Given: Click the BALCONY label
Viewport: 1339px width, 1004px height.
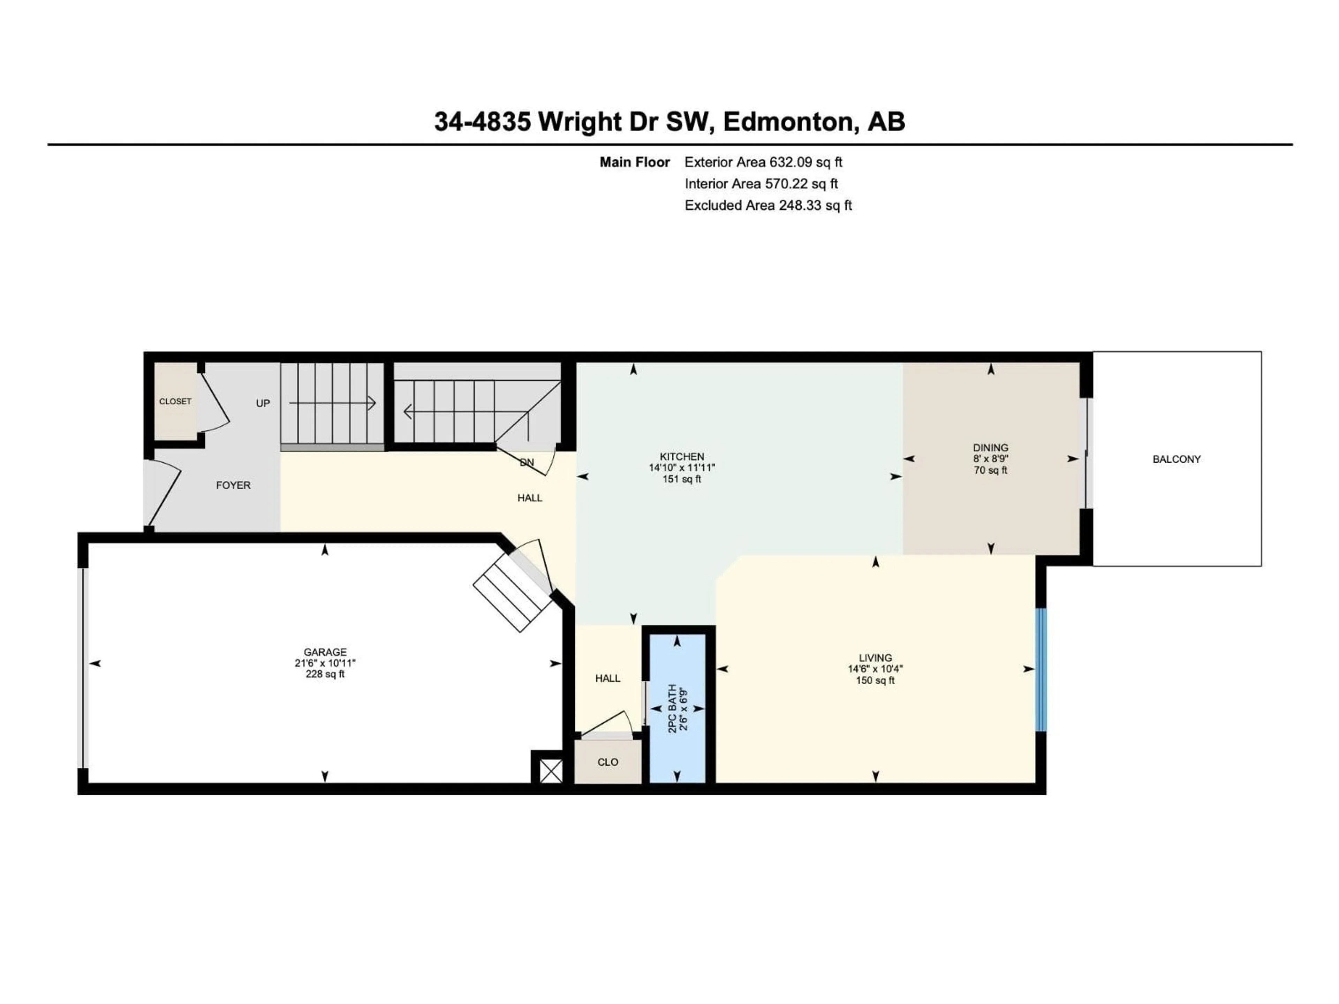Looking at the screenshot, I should (1176, 459).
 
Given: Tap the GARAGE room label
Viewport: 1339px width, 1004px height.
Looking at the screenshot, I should (325, 652).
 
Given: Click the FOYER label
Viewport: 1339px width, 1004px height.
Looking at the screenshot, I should (233, 485).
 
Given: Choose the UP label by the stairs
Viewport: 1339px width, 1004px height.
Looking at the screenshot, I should (263, 403).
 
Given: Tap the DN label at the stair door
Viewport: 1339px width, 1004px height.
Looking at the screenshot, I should (527, 462).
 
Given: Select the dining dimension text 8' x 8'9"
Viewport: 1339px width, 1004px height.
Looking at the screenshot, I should (990, 459).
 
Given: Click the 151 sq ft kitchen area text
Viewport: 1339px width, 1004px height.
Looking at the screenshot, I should (682, 479).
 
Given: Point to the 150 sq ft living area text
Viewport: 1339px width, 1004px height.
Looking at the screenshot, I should (875, 680).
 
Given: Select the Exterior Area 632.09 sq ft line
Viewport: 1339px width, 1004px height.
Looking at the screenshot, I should (763, 162).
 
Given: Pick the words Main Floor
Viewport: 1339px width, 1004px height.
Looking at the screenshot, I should (634, 162).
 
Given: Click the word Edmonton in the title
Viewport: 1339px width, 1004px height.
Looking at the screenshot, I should (788, 122).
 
